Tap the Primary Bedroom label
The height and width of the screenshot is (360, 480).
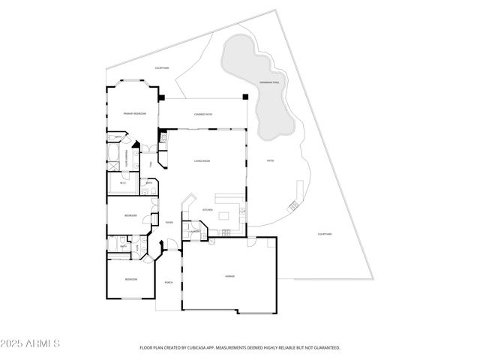coord(135,113)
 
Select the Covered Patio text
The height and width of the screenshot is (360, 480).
coord(202,114)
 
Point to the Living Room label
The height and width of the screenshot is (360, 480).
coord(202,161)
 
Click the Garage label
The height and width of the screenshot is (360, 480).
coord(229,277)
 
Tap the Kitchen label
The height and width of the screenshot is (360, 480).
coord(207,210)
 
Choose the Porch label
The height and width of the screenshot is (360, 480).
coord(169,282)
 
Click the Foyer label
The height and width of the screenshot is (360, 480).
coord(169,222)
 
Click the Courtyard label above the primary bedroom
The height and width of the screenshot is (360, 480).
coord(162,68)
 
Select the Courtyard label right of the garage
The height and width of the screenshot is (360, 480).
coord(325,234)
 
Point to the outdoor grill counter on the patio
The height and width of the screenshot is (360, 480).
coord(297,193)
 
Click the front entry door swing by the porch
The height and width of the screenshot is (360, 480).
coord(171,244)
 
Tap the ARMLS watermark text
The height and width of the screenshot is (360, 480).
coord(31,343)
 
